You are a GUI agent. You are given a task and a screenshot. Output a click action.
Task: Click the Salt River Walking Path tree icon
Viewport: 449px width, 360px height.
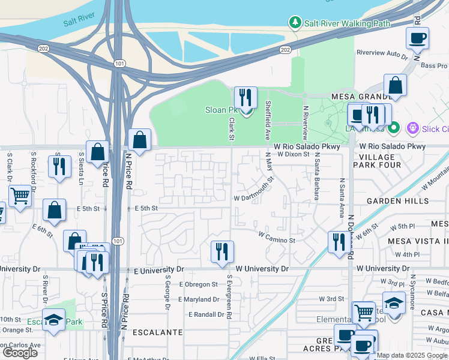(295, 23)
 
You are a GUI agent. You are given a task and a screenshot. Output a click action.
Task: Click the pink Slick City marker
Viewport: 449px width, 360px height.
(412, 128)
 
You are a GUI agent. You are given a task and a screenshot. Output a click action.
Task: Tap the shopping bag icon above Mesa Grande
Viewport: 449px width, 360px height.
(396, 85)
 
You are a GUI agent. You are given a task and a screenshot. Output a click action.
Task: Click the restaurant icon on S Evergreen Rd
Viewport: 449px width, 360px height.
(222, 251)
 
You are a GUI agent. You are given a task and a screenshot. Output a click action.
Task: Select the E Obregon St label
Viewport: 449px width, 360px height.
(198, 284)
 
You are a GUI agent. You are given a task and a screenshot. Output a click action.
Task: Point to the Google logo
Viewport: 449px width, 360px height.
(20, 353)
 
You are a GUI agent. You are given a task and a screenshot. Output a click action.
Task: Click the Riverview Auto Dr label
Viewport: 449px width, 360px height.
(382, 53)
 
